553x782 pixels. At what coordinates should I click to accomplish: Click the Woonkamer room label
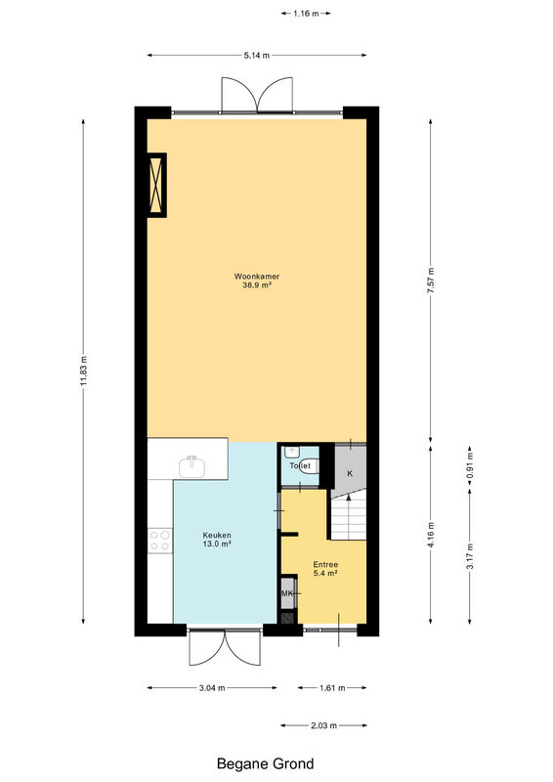coord(257,276)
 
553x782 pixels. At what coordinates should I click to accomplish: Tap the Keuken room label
coord(217,535)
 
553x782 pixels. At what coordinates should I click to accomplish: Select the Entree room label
coord(325,565)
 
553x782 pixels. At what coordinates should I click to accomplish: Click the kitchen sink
coord(191,466)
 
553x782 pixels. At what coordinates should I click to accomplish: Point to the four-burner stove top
coord(160,541)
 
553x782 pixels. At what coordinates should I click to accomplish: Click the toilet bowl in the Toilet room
coord(309,466)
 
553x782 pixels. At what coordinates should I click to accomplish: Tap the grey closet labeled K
coord(350,469)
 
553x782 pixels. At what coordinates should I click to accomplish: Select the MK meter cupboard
coord(287,593)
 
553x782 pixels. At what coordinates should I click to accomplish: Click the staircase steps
coord(349,516)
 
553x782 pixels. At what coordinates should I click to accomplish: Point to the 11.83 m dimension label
coord(84,370)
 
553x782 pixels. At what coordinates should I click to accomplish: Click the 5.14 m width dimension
coord(257,56)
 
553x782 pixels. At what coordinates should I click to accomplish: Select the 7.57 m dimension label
coord(431,281)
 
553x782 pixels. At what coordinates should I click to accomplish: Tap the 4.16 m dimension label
coord(431,534)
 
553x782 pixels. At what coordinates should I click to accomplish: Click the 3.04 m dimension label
coord(212,688)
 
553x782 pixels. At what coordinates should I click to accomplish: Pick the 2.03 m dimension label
coord(324,725)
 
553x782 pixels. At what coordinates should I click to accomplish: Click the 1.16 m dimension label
coord(306,14)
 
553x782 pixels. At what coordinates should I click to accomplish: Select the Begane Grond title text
coord(266,763)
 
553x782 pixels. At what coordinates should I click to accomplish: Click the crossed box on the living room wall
coord(156,185)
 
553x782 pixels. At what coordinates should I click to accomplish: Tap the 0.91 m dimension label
coord(470,466)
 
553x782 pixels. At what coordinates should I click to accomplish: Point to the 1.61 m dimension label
coord(332,688)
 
